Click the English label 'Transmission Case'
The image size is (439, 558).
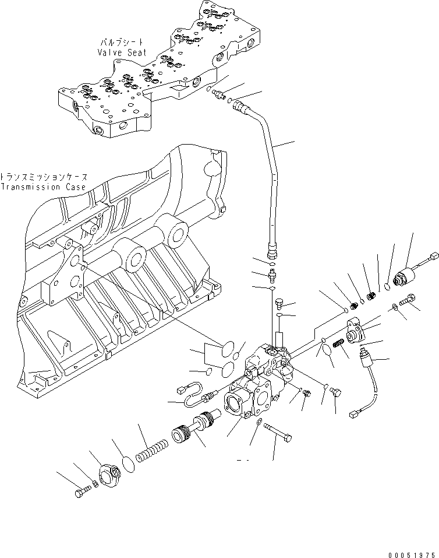pyautogui.click(x=43, y=187)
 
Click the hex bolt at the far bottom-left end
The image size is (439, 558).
pyautogui.click(x=81, y=493)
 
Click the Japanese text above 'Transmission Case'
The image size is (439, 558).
pyautogui.click(x=43, y=177)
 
